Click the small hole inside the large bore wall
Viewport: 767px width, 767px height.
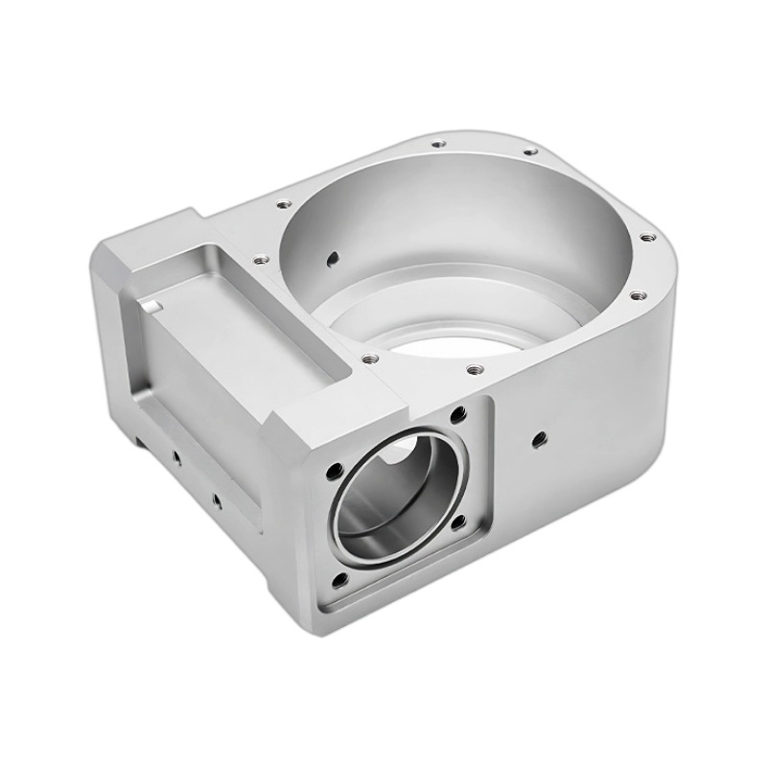point(332,257)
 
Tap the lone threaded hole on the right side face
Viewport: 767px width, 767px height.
point(538,439)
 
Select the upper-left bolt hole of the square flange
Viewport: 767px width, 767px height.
point(335,472)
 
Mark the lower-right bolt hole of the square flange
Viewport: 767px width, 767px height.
point(457,523)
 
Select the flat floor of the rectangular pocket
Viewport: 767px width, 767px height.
point(240,316)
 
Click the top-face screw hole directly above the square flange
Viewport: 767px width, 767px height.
point(472,367)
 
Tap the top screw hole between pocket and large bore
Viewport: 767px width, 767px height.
point(258,258)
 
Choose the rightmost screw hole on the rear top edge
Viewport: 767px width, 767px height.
point(527,151)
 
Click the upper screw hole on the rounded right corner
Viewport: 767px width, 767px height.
point(648,235)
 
